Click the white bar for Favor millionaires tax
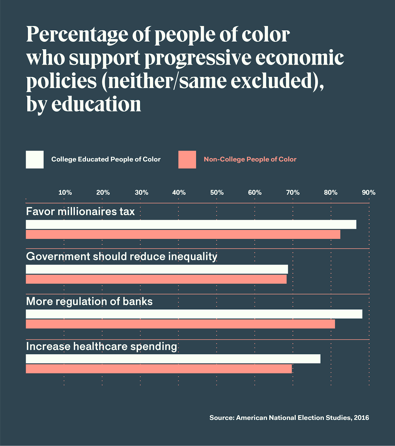pyautogui.click(x=191, y=225)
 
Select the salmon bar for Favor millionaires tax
pyautogui.click(x=183, y=234)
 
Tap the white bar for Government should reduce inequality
pyautogui.click(x=157, y=269)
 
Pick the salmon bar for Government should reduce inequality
pyautogui.click(x=156, y=279)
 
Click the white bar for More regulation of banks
pyautogui.click(x=194, y=314)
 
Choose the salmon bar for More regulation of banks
pyautogui.click(x=180, y=324)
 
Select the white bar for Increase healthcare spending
pyautogui.click(x=173, y=359)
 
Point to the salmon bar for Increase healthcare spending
pyautogui.click(x=159, y=369)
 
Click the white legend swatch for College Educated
pyautogui.click(x=35, y=159)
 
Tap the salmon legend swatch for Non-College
pyautogui.click(x=187, y=159)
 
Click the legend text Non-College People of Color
pyautogui.click(x=250, y=159)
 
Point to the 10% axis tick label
pyautogui.click(x=65, y=193)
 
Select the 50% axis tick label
pyautogui.click(x=217, y=193)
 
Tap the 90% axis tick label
pyautogui.click(x=369, y=193)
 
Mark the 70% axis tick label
pyautogui.click(x=293, y=193)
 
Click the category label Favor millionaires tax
pyautogui.click(x=80, y=212)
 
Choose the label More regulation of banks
pyautogui.click(x=89, y=301)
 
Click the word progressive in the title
pyautogui.click(x=198, y=59)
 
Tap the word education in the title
pyautogui.click(x=96, y=105)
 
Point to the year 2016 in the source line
pyautogui.click(x=361, y=418)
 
